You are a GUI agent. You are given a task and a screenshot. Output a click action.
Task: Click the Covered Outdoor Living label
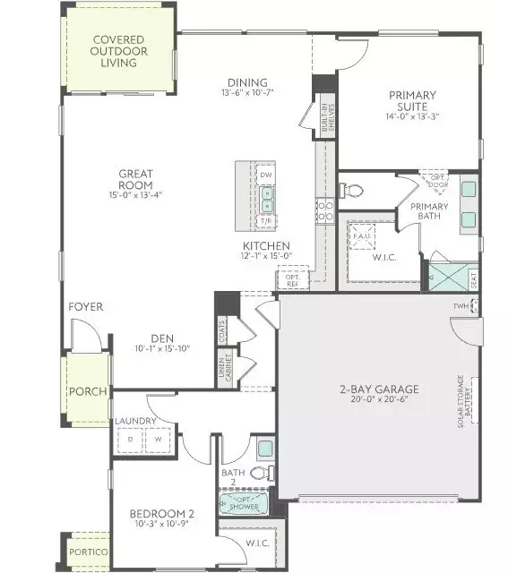coord(119,52)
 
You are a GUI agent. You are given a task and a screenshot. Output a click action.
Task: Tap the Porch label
coord(90,392)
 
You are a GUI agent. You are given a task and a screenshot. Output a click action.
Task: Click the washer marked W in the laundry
coord(158,439)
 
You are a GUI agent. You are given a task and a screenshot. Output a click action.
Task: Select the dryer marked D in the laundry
coord(131,439)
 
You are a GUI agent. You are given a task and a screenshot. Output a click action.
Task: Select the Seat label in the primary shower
coord(473,279)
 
